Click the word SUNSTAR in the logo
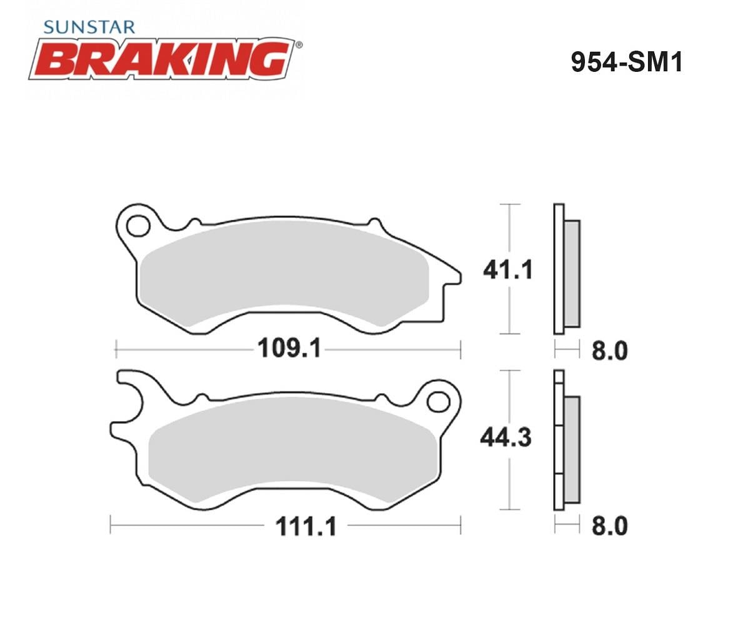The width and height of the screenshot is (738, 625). (x=89, y=27)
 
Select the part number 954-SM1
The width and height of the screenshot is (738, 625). (x=626, y=62)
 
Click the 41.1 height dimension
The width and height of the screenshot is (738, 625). (x=508, y=270)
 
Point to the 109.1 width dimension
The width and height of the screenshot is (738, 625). (x=289, y=349)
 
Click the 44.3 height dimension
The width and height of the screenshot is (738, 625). (x=506, y=437)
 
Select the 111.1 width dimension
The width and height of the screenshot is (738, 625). (x=306, y=526)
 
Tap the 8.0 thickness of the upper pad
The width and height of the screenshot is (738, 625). (x=609, y=351)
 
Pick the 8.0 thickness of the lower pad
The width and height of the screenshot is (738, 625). (x=609, y=526)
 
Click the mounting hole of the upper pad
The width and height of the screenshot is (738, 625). (x=138, y=226)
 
